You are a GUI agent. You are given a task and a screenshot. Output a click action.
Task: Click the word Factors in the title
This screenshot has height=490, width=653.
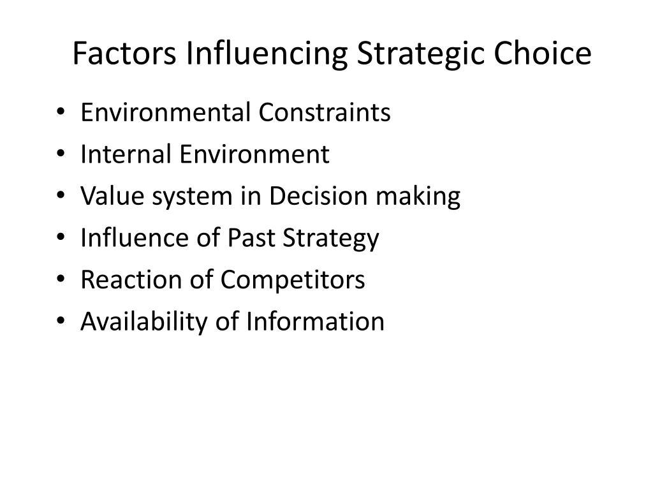click(x=124, y=54)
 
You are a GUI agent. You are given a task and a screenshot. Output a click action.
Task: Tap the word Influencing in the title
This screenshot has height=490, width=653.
click(x=267, y=54)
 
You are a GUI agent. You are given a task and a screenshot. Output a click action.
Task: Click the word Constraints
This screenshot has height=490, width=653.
click(x=325, y=112)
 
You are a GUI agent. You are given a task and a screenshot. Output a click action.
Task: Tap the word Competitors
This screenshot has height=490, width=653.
click(x=293, y=279)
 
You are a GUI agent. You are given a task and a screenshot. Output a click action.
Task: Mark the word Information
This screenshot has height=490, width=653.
click(x=314, y=322)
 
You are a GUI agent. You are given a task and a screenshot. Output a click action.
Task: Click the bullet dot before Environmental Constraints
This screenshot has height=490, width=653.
click(x=61, y=114)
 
